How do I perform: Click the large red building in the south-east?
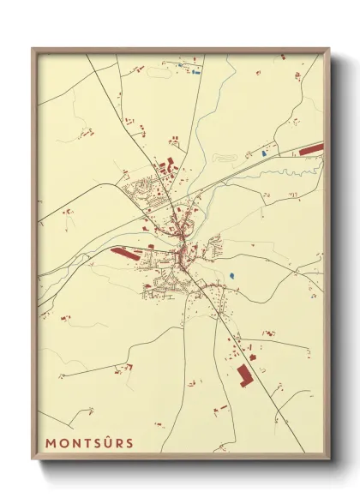[x=246, y=375]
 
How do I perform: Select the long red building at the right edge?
[x=310, y=150]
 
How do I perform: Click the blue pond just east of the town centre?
[x=231, y=276]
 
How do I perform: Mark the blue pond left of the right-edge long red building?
[x=265, y=153]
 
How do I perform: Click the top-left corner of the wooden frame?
[x=33, y=49]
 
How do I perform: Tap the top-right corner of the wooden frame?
[x=328, y=49]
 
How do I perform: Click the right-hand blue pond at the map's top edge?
[x=196, y=72]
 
